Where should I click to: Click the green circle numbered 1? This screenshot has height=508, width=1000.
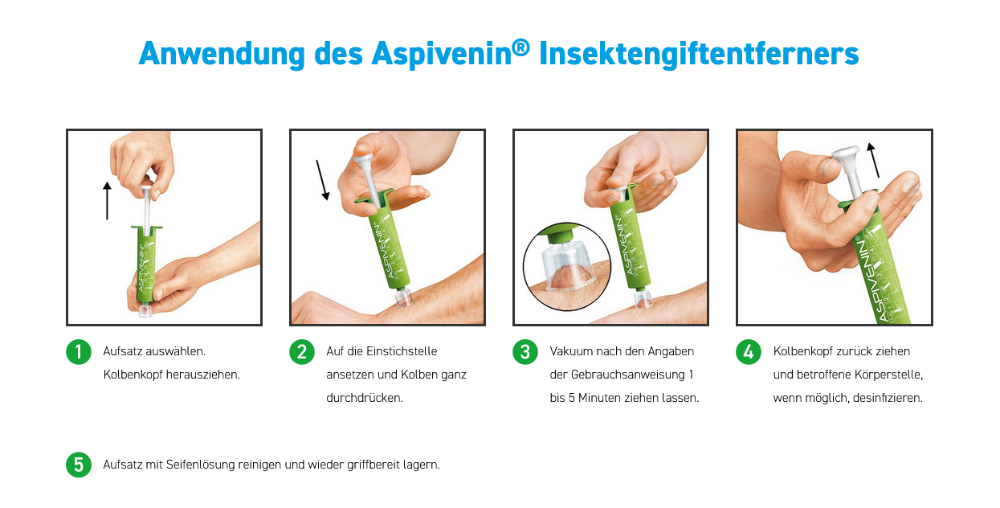coord(79,352)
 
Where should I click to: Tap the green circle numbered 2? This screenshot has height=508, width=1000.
coord(302,352)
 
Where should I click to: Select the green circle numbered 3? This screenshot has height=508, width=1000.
coord(525,352)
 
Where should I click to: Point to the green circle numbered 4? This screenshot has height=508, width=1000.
coord(749,352)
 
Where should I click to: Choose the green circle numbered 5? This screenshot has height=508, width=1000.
coord(79,465)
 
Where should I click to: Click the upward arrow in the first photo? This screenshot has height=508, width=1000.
coord(107,201)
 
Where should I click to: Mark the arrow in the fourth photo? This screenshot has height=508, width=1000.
coord(874,160)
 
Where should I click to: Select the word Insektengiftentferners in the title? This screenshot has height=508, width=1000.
coord(699,54)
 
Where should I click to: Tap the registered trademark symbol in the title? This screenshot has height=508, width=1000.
coord(521,46)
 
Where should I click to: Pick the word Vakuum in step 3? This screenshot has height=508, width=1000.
coord(571,351)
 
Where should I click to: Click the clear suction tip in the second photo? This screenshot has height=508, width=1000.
coord(402,297)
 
